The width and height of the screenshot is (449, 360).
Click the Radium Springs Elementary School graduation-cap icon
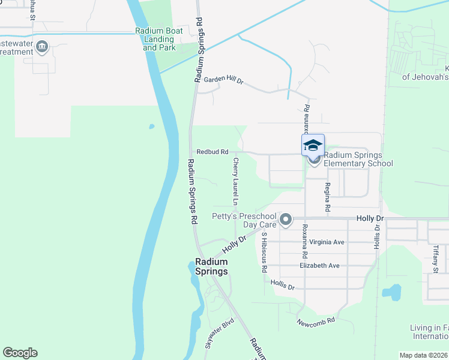(x=313, y=146)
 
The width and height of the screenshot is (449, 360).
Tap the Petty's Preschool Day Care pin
(x=286, y=220)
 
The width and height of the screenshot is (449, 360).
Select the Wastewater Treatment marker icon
(x=42, y=47)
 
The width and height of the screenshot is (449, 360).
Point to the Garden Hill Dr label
(x=223, y=80)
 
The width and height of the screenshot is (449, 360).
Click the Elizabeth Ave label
(x=319, y=265)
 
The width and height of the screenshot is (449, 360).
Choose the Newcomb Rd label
(x=316, y=323)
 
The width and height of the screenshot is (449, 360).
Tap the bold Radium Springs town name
(x=211, y=266)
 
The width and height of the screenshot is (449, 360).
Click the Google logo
(x=20, y=353)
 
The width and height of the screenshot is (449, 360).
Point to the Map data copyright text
(x=424, y=355)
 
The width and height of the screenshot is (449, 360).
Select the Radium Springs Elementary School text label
(x=358, y=159)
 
